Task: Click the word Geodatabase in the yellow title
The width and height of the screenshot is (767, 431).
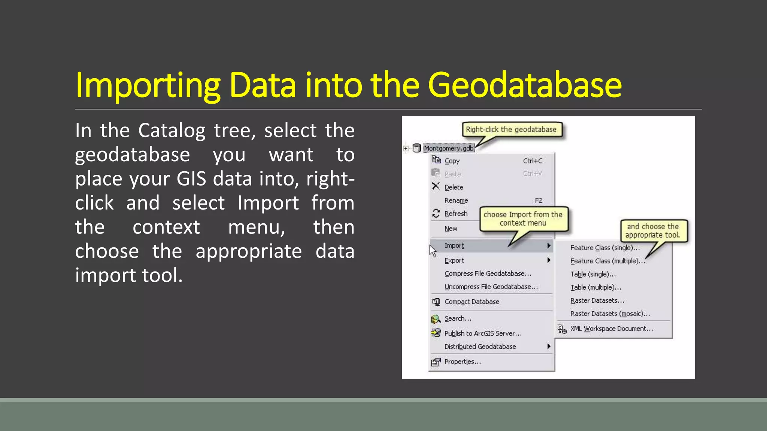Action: click(x=524, y=85)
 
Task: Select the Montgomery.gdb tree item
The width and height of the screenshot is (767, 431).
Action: click(x=449, y=148)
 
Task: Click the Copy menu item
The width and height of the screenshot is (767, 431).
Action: click(x=452, y=161)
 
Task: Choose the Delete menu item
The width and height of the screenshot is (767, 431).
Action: click(x=454, y=187)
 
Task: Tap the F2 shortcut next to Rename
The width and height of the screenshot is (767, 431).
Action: click(x=538, y=201)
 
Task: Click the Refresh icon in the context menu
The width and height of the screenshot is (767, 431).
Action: click(x=436, y=213)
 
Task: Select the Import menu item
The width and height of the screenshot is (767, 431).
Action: click(x=454, y=245)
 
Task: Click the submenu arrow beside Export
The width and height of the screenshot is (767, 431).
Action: click(x=549, y=260)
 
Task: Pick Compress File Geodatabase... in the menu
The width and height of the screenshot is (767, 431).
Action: click(x=488, y=273)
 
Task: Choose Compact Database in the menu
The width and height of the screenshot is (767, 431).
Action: click(x=472, y=302)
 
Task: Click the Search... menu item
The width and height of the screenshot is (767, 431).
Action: click(x=458, y=318)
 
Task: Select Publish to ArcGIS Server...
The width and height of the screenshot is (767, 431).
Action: click(x=483, y=333)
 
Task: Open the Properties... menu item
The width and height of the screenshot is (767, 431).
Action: click(x=463, y=361)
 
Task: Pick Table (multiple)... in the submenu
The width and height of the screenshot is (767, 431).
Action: click(x=595, y=287)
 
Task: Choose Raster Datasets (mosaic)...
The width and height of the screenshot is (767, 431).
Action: click(x=610, y=314)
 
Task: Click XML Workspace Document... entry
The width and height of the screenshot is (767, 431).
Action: click(x=611, y=328)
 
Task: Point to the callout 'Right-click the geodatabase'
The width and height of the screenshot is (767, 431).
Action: click(x=511, y=129)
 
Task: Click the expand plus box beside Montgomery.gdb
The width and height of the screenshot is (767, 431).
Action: click(x=406, y=149)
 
